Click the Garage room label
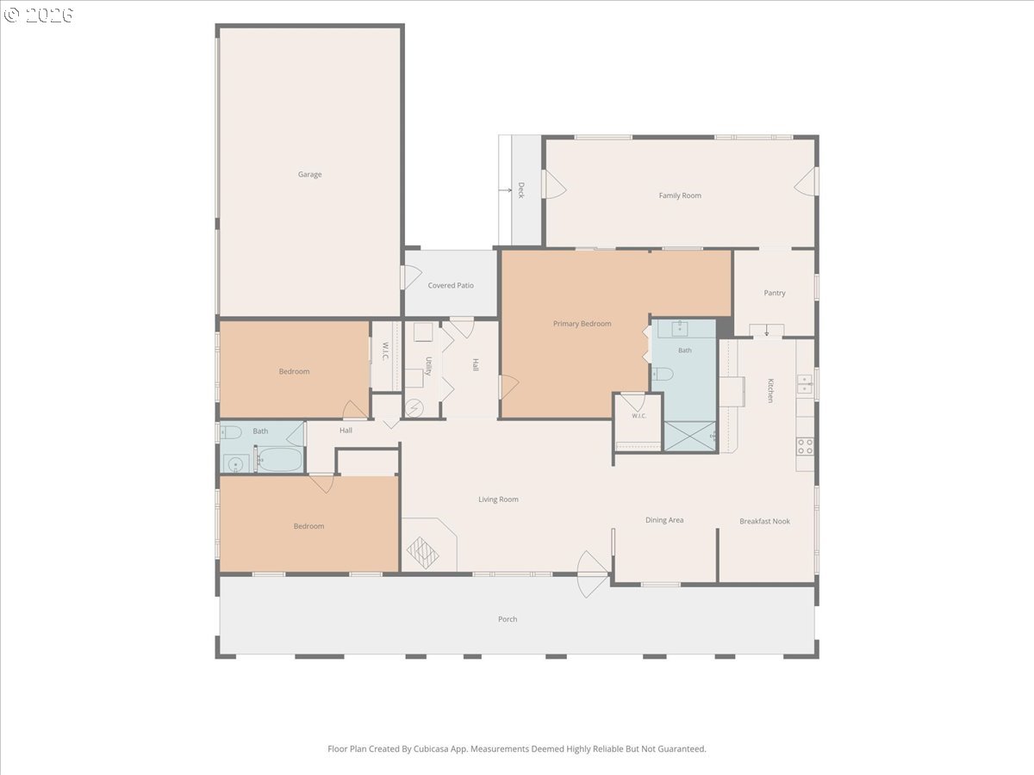pyautogui.click(x=309, y=174)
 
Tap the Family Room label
pyautogui.click(x=680, y=195)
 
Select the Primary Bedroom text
pyautogui.click(x=582, y=324)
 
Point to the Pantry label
pyautogui.click(x=775, y=293)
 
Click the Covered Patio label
pyautogui.click(x=451, y=285)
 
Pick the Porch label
pyautogui.click(x=508, y=619)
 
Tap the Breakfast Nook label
pyautogui.click(x=764, y=521)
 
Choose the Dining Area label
pyautogui.click(x=664, y=520)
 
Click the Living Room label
pyautogui.click(x=498, y=499)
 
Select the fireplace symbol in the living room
pyautogui.click(x=422, y=553)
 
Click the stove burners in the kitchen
pyautogui.click(x=805, y=446)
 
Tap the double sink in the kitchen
pyautogui.click(x=805, y=384)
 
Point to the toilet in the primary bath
pyautogui.click(x=663, y=374)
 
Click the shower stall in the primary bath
pyautogui.click(x=689, y=437)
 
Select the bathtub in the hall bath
pyautogui.click(x=280, y=459)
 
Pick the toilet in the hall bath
pyautogui.click(x=231, y=431)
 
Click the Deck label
pyautogui.click(x=521, y=190)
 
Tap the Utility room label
pyautogui.click(x=428, y=366)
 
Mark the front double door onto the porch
pyautogui.click(x=592, y=574)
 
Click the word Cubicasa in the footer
pyautogui.click(x=431, y=748)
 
